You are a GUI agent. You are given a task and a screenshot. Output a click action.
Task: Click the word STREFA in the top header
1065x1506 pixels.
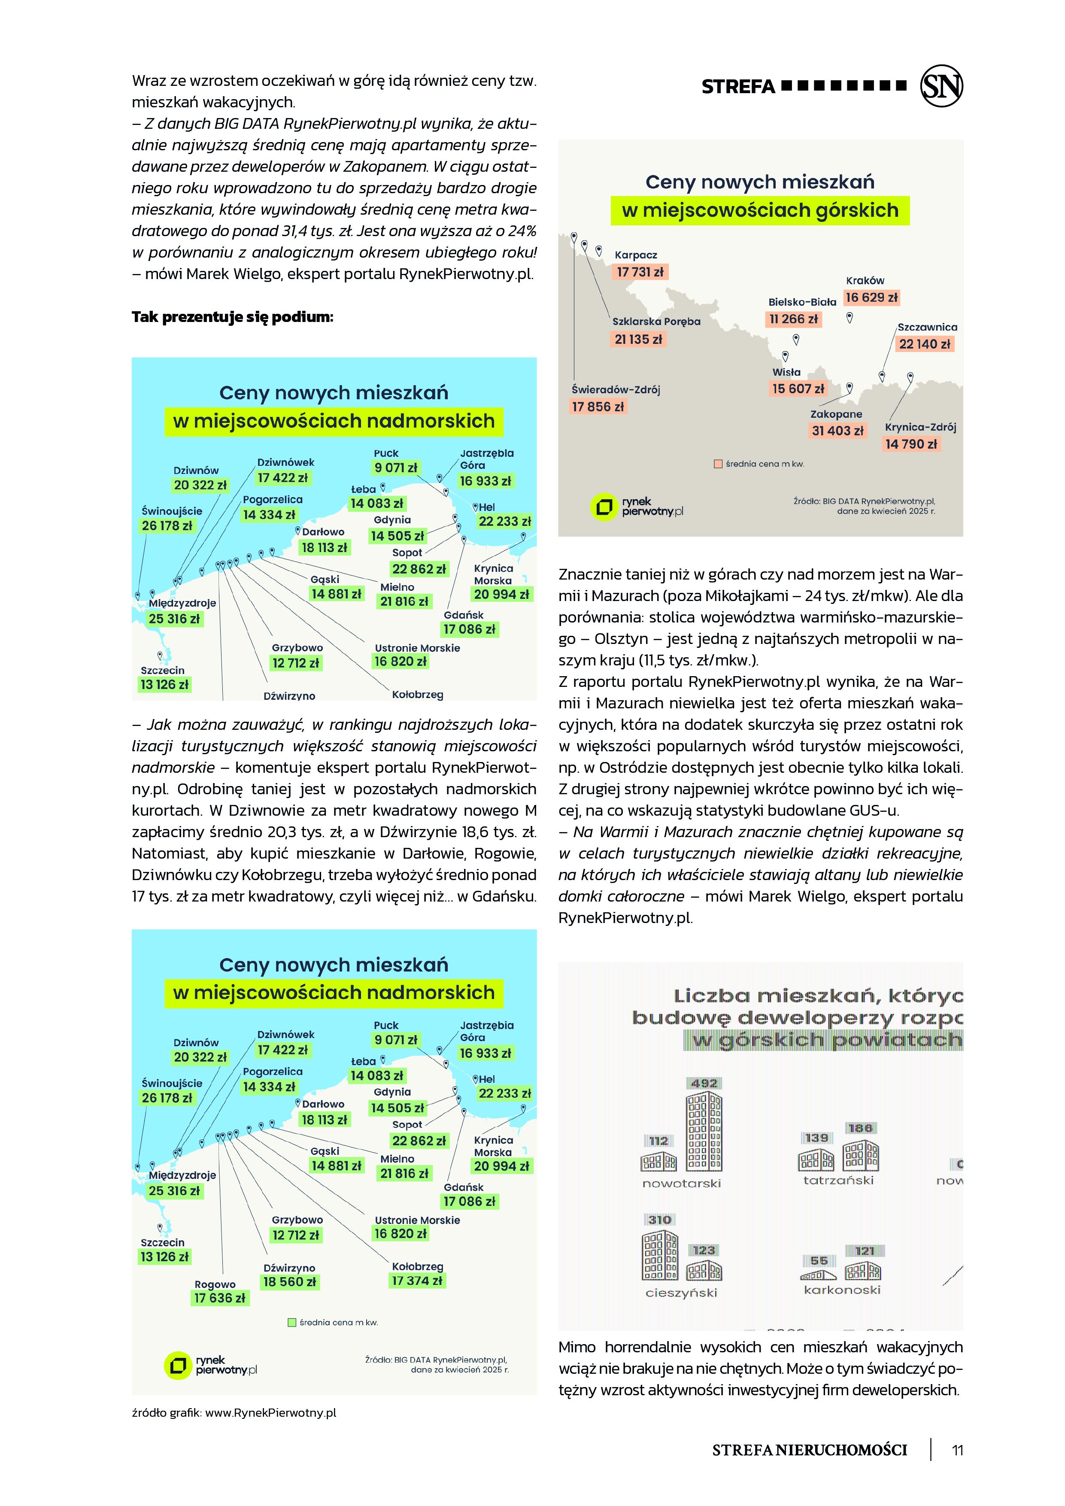point(738,87)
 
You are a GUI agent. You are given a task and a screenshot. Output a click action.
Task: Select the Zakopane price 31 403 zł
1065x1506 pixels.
point(837,431)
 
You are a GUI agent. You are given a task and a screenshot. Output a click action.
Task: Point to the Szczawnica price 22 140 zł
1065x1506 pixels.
point(925,344)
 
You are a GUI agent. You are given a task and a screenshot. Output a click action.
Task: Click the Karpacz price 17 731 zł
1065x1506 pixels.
point(640,272)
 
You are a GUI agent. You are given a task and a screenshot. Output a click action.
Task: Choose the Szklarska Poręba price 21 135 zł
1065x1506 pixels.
point(638,339)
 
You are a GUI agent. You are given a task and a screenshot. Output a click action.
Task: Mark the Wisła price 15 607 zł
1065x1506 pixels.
point(798,389)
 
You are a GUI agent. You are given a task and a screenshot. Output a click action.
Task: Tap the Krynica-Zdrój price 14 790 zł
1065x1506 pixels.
point(911,444)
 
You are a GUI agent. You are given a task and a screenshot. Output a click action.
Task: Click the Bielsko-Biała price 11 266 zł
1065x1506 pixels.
point(794,319)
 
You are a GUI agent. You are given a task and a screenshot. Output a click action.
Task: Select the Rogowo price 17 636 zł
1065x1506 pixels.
point(220,1298)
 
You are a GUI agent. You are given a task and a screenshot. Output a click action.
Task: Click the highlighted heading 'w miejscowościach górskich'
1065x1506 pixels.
point(760,210)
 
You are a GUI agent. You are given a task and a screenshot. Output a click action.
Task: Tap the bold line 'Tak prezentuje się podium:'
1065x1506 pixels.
point(232,317)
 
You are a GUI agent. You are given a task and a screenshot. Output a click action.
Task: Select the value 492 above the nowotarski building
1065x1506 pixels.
point(704,1083)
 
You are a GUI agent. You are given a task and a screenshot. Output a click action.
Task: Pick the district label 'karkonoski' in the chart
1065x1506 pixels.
point(842,1290)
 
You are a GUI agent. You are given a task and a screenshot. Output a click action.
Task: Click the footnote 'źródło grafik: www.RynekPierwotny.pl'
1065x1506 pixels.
point(234,1413)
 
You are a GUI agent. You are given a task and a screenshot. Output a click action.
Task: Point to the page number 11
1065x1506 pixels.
point(957,1450)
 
